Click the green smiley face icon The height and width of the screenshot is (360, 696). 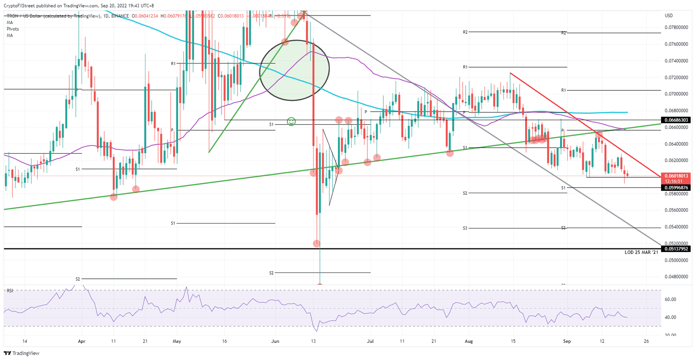(291, 122)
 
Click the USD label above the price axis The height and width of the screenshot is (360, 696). (668, 15)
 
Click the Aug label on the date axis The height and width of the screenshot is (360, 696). (469, 341)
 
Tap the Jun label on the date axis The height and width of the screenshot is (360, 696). (274, 341)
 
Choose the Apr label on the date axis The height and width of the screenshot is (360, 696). (82, 341)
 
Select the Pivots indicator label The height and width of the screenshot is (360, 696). (13, 29)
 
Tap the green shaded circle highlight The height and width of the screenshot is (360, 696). (294, 70)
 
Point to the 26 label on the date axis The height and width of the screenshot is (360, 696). (646, 341)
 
